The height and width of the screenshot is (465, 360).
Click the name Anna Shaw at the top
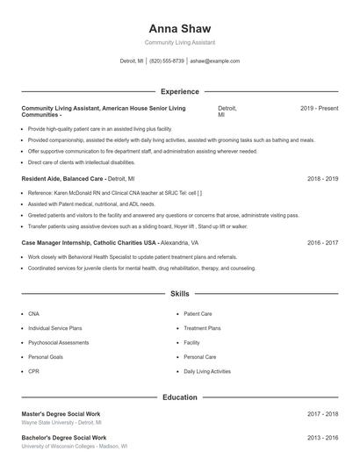(x=179, y=28)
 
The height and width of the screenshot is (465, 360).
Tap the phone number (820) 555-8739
(x=167, y=61)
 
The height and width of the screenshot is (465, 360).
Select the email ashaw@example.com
(x=215, y=61)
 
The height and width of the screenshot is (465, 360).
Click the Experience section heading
(x=180, y=91)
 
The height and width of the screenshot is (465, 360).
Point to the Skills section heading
(x=180, y=294)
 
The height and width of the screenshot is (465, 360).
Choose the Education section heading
(x=180, y=397)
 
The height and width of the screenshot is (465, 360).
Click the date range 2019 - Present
(x=319, y=108)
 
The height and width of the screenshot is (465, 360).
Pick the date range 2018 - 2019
(x=322, y=178)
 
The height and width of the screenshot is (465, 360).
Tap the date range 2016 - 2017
(x=322, y=242)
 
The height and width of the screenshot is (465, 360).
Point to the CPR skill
(x=33, y=371)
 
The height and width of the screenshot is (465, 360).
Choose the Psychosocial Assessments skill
(x=58, y=342)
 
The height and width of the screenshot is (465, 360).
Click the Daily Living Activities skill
(x=207, y=371)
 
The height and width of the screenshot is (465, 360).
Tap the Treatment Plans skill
(x=202, y=327)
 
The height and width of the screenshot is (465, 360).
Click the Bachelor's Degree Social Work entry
(x=63, y=437)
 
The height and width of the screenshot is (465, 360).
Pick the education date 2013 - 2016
(x=322, y=437)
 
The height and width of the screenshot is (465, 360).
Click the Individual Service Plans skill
(x=54, y=327)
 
